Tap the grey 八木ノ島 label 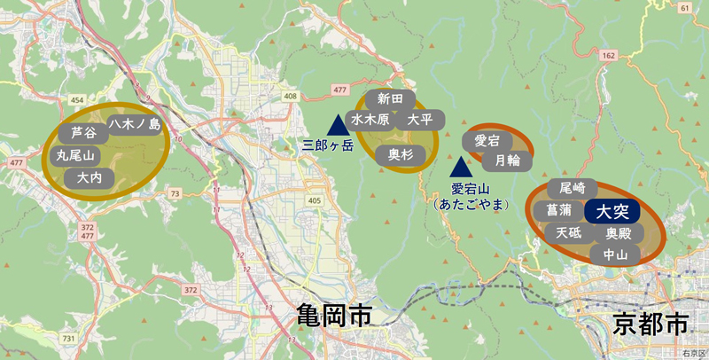tap(136, 125)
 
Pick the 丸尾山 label tap(75, 155)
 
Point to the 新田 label tap(391, 98)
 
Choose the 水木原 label tap(370, 119)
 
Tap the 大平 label tap(419, 119)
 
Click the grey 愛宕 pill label tap(487, 140)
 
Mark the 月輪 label tap(507, 160)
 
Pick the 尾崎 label tap(567, 189)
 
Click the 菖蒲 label tap(559, 211)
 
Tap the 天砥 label tap(569, 233)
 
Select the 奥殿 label tap(619, 235)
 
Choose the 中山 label tap(615, 255)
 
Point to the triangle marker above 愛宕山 tap(460, 167)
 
